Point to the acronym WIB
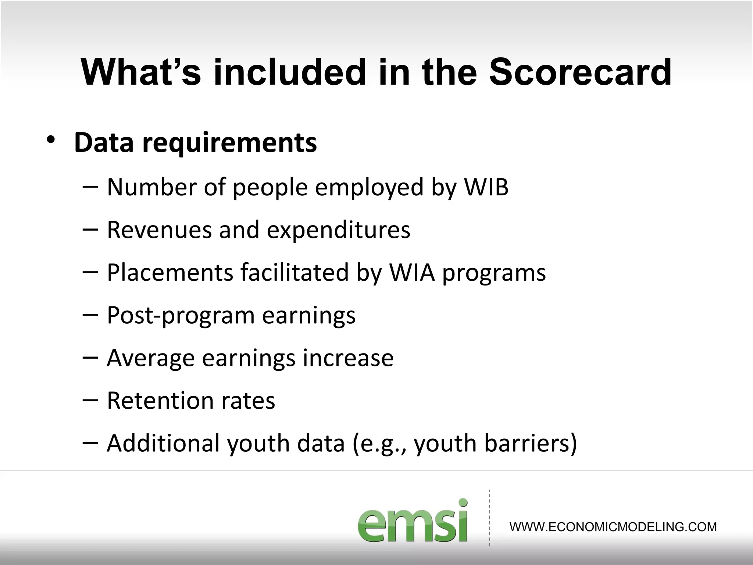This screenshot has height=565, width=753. click(x=486, y=187)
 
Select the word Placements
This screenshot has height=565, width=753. click(x=170, y=273)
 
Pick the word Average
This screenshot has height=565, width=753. click(x=150, y=358)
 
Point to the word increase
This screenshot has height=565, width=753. click(x=348, y=358)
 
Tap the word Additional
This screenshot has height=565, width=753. click(x=163, y=443)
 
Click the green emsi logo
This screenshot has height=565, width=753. click(x=413, y=521)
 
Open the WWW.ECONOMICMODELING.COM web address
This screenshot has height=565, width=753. click(x=613, y=527)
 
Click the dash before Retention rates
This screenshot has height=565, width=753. click(x=90, y=399)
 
